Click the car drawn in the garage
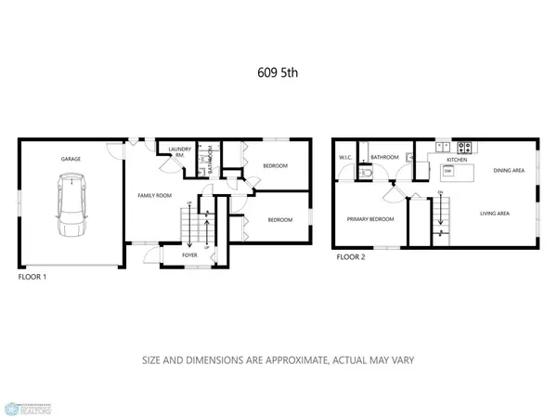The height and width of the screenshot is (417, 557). (x=71, y=207)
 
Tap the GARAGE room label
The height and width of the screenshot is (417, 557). (x=71, y=159)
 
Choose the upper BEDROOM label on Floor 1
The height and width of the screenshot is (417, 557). (x=275, y=166)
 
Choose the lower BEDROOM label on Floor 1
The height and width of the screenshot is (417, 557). (x=280, y=220)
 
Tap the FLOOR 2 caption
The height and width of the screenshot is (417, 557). (x=350, y=257)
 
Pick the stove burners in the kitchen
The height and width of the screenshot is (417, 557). (x=465, y=146)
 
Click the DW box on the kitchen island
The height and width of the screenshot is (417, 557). (x=447, y=171)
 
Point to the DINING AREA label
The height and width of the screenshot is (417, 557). (x=510, y=170)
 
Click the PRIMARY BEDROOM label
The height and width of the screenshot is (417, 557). (x=370, y=220)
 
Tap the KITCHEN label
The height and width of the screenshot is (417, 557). (x=439, y=159)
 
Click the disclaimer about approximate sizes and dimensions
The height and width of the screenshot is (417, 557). (x=278, y=359)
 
